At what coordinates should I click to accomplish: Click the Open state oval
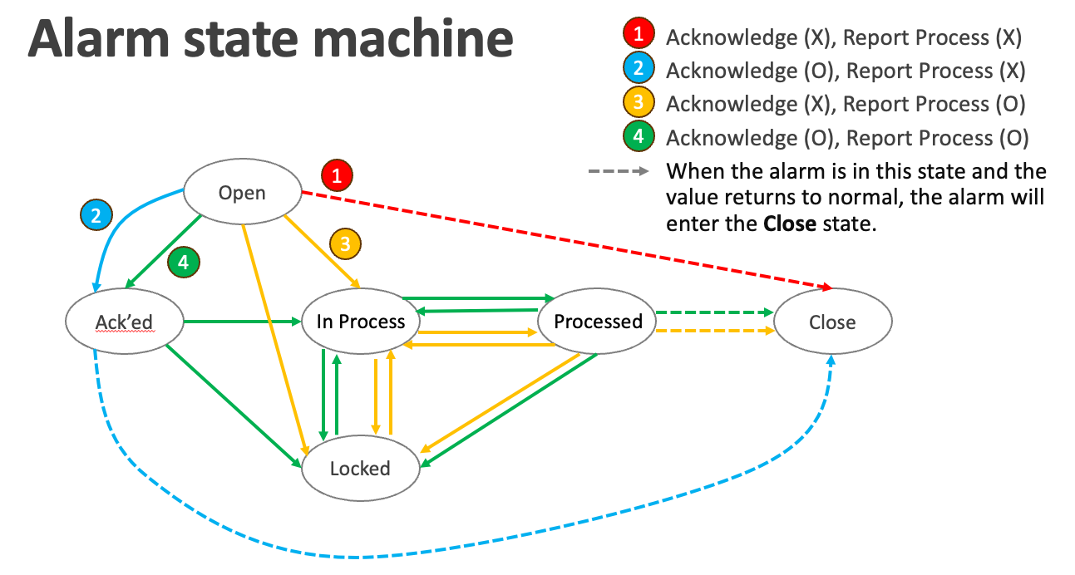click(x=242, y=193)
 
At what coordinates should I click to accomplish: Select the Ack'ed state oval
click(x=125, y=321)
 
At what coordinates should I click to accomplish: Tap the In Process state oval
click(x=361, y=321)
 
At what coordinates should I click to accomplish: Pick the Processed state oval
click(x=598, y=321)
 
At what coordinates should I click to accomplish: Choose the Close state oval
click(x=832, y=321)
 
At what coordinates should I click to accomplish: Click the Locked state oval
click(x=360, y=468)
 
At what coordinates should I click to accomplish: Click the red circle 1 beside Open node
click(x=337, y=175)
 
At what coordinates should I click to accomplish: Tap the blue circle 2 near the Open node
click(x=96, y=216)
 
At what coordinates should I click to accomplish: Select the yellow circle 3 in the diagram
click(x=346, y=243)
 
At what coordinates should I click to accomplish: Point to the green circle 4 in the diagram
click(x=184, y=263)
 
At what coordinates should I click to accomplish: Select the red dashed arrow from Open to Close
click(x=565, y=239)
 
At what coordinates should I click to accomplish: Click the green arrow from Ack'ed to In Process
click(x=241, y=321)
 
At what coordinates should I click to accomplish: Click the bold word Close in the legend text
click(x=789, y=224)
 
